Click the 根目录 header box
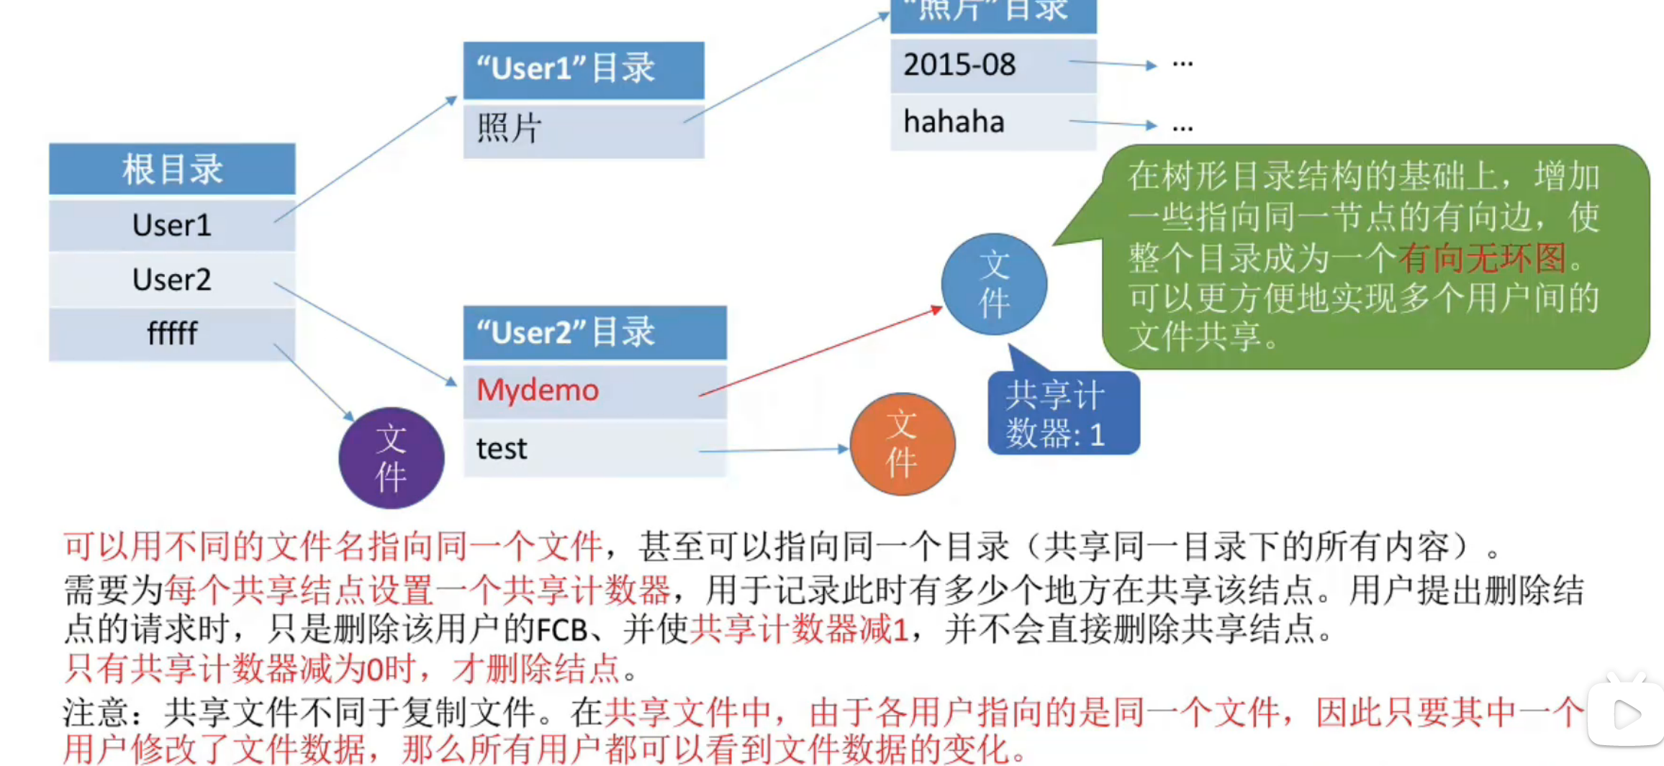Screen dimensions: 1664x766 pyautogui.click(x=172, y=170)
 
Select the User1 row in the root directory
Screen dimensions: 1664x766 pyautogui.click(x=172, y=225)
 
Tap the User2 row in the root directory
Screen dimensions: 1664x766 pyautogui.click(x=172, y=279)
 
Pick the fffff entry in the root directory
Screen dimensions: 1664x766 pyautogui.click(x=172, y=333)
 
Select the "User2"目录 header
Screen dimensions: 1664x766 pyautogui.click(x=594, y=332)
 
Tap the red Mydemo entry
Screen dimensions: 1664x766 pyautogui.click(x=538, y=391)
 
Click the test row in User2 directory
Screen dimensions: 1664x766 pyautogui.click(x=594, y=449)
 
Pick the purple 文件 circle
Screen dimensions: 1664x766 pyautogui.click(x=392, y=458)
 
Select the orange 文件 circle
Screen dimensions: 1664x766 pyautogui.click(x=903, y=444)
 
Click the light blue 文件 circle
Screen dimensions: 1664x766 pyautogui.click(x=994, y=284)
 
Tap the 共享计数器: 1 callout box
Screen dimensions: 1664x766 pyautogui.click(x=1063, y=414)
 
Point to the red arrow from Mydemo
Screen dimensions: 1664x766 pyautogui.click(x=820, y=352)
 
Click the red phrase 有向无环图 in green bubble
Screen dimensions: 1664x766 pyautogui.click(x=1482, y=258)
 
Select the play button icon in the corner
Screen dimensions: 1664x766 pyautogui.click(x=1626, y=714)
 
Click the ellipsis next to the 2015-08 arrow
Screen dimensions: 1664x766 pyautogui.click(x=1183, y=65)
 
